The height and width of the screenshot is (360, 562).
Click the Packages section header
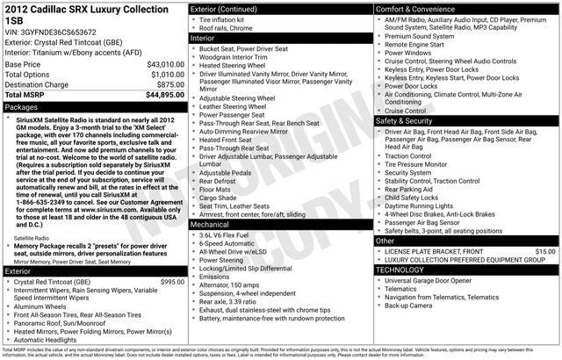point(22,106)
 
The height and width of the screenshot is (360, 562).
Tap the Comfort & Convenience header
point(420,8)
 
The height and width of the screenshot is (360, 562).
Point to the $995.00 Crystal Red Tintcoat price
point(171,282)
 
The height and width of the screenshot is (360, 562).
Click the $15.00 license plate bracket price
point(544,251)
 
